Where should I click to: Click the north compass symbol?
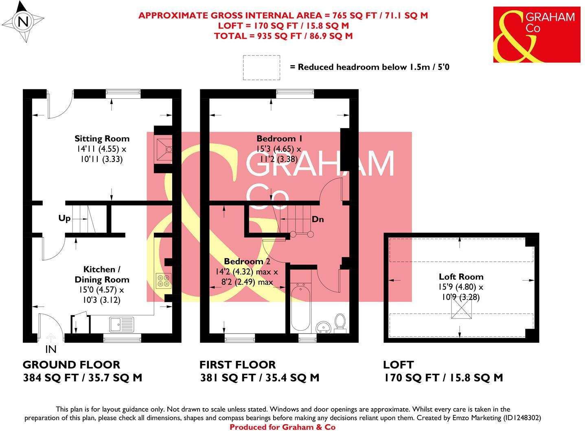pyautogui.click(x=24, y=22)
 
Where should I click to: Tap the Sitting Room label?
pyautogui.click(x=102, y=139)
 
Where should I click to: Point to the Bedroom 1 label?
pyautogui.click(x=279, y=138)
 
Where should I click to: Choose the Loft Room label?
pyautogui.click(x=461, y=276)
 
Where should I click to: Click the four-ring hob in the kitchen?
pyautogui.click(x=163, y=281)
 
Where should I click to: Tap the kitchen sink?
pyautogui.click(x=121, y=325)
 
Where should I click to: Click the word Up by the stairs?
pyautogui.click(x=64, y=219)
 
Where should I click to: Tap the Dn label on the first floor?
pyautogui.click(x=318, y=219)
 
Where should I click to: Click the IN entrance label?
pyautogui.click(x=50, y=349)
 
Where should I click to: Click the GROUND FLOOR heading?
pyautogui.click(x=71, y=365)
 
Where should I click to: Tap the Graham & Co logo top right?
pyautogui.click(x=537, y=35)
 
